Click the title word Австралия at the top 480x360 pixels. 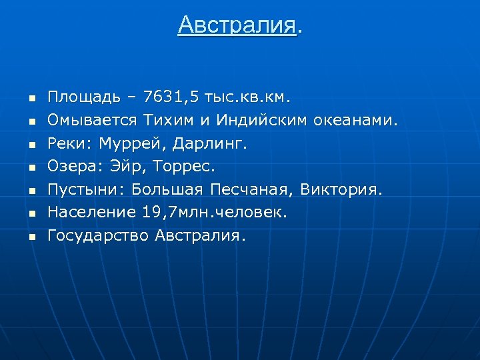coord(236,25)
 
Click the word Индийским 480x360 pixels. coord(257,121)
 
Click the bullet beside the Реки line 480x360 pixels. coord(30,144)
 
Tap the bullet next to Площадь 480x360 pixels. coord(30,99)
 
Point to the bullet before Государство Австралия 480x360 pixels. coord(30,237)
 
